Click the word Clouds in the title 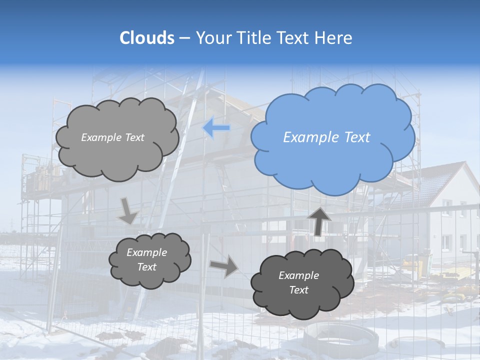coord(147,38)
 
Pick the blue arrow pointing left coord(216,128)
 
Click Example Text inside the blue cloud coord(326,137)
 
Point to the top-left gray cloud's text coord(112,137)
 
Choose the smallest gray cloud coord(150,260)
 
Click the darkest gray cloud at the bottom coord(302,283)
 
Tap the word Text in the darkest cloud coord(298,290)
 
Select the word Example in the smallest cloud coord(146,252)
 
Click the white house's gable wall coord(452,220)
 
